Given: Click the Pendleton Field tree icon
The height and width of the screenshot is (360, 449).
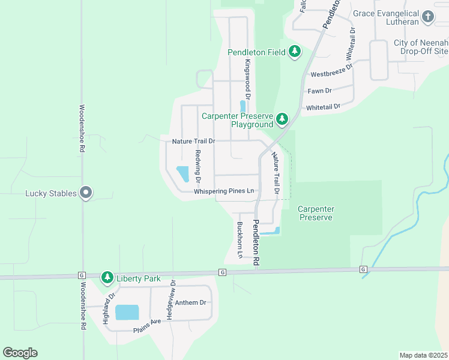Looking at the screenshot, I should click(x=294, y=52).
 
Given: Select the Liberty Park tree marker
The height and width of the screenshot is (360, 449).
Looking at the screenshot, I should click(x=107, y=277).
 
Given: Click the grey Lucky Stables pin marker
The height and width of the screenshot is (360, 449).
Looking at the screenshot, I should click(x=86, y=193).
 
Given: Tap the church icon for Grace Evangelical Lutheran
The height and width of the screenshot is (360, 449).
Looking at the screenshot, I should click(x=427, y=17).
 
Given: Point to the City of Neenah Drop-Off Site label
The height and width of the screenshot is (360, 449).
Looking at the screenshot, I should click(x=421, y=47).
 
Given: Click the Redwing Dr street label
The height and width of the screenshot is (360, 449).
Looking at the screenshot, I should click(x=196, y=164).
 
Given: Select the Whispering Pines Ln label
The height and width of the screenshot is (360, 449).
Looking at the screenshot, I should click(x=224, y=191).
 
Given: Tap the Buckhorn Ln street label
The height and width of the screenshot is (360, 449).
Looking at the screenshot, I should click(x=240, y=240).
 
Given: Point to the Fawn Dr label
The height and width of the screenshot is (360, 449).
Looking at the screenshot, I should click(x=319, y=91).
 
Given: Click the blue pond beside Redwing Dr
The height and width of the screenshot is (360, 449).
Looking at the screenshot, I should click(x=182, y=173).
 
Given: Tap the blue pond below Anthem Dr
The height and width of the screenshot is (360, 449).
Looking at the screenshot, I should click(x=127, y=312).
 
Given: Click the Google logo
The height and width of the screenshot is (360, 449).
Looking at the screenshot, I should click(x=20, y=353).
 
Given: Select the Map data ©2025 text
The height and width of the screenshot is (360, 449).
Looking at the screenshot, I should click(x=424, y=355).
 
